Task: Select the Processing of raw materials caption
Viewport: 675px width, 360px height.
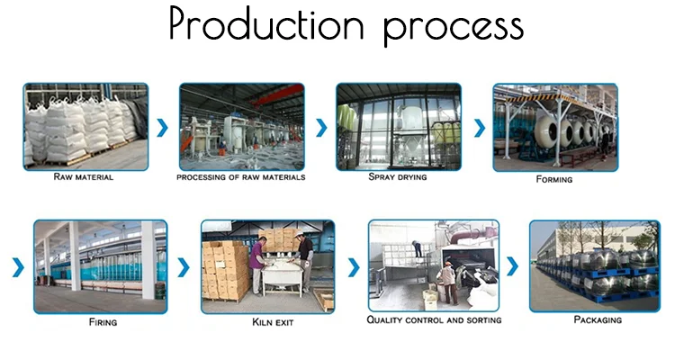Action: pos(240,177)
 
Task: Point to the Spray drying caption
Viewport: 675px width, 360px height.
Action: pos(397,177)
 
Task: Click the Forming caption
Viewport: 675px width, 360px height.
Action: pos(554,179)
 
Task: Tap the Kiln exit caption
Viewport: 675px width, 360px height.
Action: pos(267,321)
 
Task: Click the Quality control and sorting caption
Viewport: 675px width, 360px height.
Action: pos(434,320)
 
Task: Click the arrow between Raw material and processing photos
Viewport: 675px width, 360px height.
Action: pos(163,128)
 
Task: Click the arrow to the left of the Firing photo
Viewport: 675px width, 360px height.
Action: pos(17,267)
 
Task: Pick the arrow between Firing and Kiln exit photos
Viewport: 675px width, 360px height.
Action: pos(184,267)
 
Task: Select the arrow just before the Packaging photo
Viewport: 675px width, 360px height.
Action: pos(513,267)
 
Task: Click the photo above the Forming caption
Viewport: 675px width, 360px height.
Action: pos(554,127)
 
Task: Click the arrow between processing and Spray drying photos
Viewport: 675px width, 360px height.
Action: pos(320,128)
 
